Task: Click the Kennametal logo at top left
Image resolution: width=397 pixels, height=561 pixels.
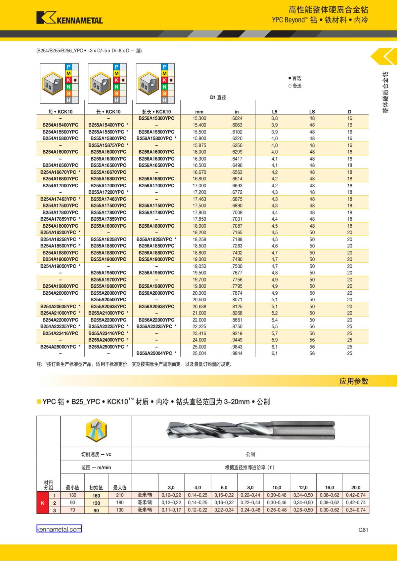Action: pos(69,18)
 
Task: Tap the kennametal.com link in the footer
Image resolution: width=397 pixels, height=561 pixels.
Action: pos(59,529)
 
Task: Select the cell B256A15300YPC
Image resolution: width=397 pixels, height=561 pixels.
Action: pos(156,118)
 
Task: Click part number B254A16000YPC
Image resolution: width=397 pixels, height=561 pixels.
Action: pos(60,152)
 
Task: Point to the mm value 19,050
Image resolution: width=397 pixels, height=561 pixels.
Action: pos(199,266)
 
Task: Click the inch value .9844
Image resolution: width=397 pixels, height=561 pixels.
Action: pos(237,353)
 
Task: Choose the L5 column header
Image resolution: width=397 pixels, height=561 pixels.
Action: pos(275,112)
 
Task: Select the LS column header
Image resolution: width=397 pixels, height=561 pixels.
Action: pos(312,112)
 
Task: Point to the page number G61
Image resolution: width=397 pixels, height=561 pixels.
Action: pos(363,530)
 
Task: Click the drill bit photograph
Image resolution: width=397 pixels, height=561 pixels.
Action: pos(250,431)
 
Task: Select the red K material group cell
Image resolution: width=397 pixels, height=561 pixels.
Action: pos(43,503)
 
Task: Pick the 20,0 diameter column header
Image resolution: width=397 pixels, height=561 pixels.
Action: pos(356,487)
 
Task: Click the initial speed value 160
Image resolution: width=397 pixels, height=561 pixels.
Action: pos(96,496)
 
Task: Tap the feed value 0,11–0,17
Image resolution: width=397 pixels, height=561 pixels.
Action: pos(171,510)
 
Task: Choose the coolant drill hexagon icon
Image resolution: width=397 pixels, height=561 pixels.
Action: pos(96,431)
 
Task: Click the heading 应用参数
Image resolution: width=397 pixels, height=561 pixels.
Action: pos(353,381)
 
